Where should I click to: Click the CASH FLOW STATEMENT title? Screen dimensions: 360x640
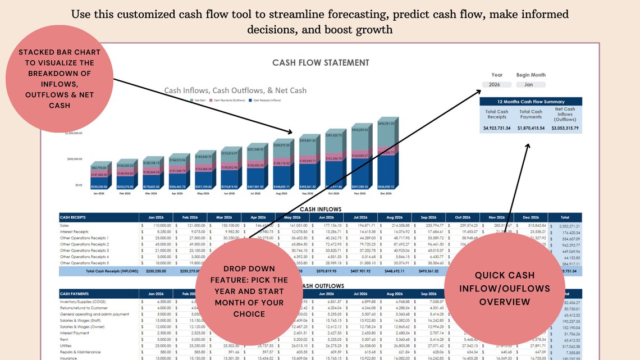(x=321, y=63)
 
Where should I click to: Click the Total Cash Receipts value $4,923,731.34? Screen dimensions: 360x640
(x=497, y=129)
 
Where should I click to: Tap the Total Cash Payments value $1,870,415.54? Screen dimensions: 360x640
(x=531, y=129)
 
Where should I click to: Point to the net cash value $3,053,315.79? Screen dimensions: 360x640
(x=565, y=129)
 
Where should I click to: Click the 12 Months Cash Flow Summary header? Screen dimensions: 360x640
(x=531, y=102)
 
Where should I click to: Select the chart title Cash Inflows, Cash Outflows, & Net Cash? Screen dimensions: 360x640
(x=235, y=90)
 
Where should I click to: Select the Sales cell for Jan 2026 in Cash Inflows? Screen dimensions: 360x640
(x=155, y=225)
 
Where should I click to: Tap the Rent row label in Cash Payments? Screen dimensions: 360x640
(x=65, y=339)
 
